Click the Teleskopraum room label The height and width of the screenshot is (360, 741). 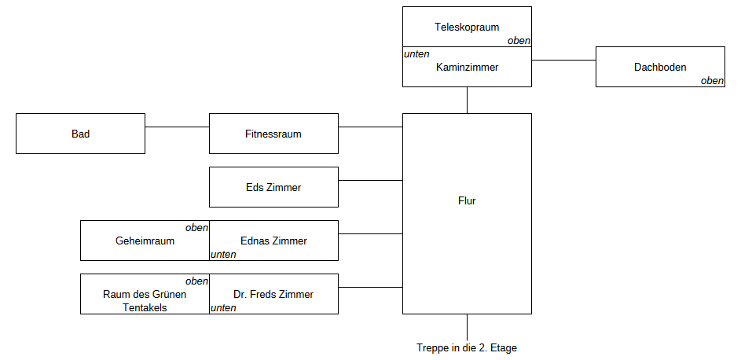pyautogui.click(x=467, y=28)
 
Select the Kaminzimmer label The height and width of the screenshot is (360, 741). pyautogui.click(x=467, y=68)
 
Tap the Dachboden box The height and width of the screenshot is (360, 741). pyautogui.click(x=660, y=67)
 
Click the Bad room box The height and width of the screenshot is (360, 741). pyautogui.click(x=80, y=134)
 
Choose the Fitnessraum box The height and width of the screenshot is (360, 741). pyautogui.click(x=273, y=134)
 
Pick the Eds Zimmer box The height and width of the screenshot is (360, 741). pyautogui.click(x=273, y=187)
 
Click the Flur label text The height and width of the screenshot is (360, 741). pyautogui.click(x=467, y=200)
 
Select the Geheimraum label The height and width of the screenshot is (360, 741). pyautogui.click(x=145, y=241)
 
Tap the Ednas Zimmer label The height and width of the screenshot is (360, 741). pyautogui.click(x=273, y=241)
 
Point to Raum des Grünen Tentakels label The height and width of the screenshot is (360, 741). pyautogui.click(x=145, y=301)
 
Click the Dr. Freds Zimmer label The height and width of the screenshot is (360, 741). pyautogui.click(x=273, y=295)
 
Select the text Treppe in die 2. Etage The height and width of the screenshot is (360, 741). pyautogui.click(x=467, y=347)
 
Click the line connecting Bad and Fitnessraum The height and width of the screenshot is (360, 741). pyautogui.click(x=177, y=127)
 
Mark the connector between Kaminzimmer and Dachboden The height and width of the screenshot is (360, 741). pyautogui.click(x=563, y=60)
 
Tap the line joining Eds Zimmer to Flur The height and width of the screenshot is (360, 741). pyautogui.click(x=370, y=181)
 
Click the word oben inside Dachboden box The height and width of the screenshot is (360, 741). pyautogui.click(x=712, y=80)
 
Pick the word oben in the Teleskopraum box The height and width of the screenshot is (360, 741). pyautogui.click(x=519, y=41)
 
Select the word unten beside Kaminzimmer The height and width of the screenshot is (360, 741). pyautogui.click(x=416, y=54)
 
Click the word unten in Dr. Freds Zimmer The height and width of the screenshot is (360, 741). pyautogui.click(x=223, y=308)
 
